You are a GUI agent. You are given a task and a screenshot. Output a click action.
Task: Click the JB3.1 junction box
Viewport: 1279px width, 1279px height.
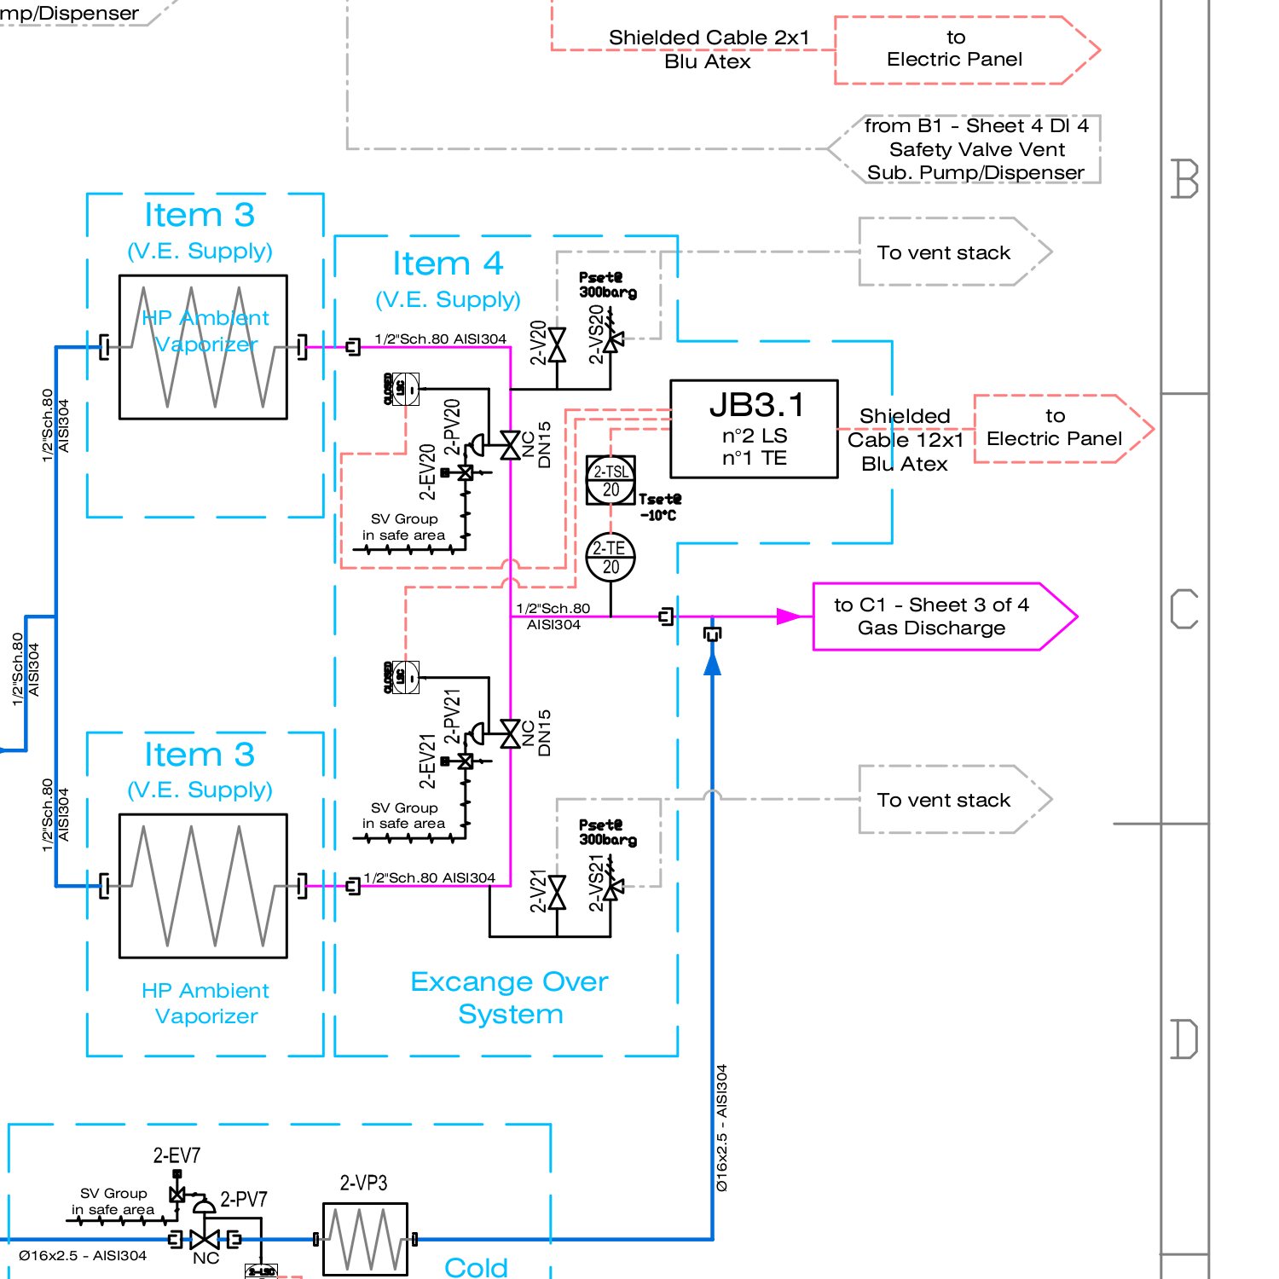(754, 429)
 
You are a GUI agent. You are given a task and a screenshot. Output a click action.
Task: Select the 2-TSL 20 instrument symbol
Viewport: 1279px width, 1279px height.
(611, 480)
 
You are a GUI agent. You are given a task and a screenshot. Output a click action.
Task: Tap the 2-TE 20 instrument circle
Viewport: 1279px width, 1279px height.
(611, 558)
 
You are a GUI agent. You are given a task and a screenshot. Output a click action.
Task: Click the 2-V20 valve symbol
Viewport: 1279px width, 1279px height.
(557, 344)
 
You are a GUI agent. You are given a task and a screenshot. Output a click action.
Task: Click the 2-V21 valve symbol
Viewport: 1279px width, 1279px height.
(557, 892)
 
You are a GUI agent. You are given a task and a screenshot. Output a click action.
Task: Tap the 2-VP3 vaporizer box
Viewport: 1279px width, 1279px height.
(365, 1239)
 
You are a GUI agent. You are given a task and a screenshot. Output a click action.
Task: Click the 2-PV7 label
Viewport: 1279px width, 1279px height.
(244, 1199)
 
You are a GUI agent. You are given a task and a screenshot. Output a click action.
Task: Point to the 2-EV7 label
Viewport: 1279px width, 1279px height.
(177, 1155)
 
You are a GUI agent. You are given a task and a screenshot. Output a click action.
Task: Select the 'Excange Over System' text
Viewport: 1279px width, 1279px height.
(510, 998)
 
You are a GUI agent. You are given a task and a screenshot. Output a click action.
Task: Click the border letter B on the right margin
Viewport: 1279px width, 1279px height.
(1185, 179)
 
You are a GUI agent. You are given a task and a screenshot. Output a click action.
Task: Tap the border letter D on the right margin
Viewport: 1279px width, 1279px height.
(1184, 1039)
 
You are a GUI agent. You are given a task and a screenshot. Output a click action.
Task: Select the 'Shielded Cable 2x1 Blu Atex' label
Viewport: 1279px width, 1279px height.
(709, 49)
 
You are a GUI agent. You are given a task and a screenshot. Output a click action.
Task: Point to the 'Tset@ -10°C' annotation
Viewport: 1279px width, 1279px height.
(659, 507)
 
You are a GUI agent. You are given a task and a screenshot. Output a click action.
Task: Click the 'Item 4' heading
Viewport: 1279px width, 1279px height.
(448, 263)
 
